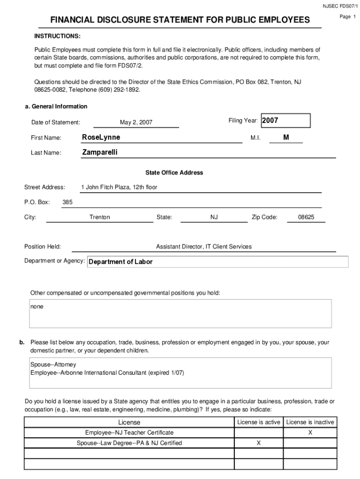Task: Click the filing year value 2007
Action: [270, 121]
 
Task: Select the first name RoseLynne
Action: [101, 137]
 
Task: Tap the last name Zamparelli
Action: [100, 152]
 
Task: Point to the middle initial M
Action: [286, 137]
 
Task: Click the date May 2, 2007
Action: [136, 123]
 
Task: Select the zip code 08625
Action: [306, 217]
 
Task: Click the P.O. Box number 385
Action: [67, 202]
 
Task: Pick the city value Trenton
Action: [100, 217]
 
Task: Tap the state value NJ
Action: [214, 217]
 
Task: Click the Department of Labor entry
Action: [121, 262]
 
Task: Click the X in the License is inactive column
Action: [310, 433]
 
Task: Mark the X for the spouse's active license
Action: [259, 443]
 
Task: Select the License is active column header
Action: [259, 422]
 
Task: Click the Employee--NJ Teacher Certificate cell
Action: [129, 433]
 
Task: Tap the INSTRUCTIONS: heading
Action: [57, 36]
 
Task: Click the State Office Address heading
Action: [174, 173]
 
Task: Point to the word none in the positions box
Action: [37, 307]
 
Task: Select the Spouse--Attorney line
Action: [53, 364]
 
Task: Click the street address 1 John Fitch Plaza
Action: [119, 187]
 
